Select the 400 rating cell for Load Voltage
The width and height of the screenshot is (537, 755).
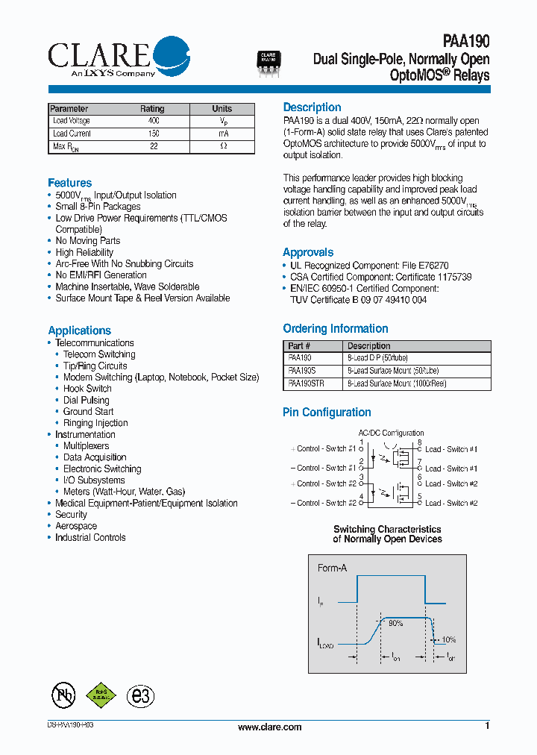(x=153, y=121)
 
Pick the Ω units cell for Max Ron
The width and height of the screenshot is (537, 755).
(x=222, y=146)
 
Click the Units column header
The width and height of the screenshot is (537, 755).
(x=222, y=109)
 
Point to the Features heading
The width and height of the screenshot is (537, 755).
(x=69, y=183)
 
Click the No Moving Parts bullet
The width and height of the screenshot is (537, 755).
(x=87, y=241)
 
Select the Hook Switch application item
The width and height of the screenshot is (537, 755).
(x=87, y=389)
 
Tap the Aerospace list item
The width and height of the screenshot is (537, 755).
(x=75, y=526)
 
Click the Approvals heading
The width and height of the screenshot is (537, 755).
(x=308, y=252)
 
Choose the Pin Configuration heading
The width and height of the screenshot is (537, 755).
(x=327, y=413)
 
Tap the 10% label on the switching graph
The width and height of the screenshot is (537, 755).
(x=448, y=640)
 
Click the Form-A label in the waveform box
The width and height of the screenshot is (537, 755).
(x=332, y=568)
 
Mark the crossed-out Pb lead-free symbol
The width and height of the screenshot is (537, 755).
(x=63, y=695)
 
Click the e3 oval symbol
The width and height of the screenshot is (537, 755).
(x=140, y=696)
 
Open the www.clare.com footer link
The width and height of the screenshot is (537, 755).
(x=269, y=727)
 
